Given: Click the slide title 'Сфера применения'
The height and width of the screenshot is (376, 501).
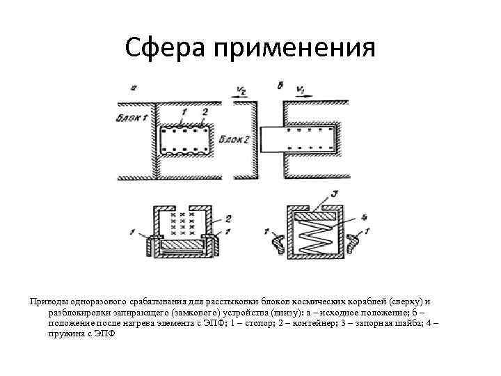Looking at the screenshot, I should (250, 48).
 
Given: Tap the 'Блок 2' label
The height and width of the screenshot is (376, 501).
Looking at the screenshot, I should (234, 139).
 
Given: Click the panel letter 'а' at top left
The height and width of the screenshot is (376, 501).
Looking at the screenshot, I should (133, 87).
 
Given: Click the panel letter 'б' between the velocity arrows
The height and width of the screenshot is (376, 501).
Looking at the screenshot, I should (280, 86).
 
